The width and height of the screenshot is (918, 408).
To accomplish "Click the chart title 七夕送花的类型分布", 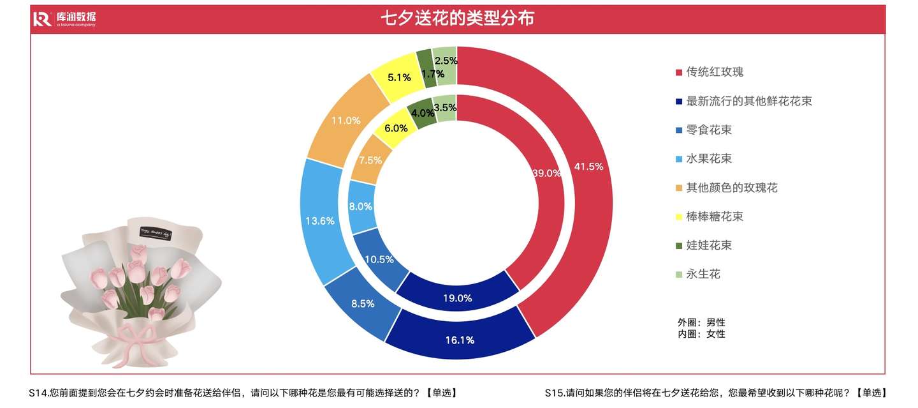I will pyautogui.click(x=457, y=18).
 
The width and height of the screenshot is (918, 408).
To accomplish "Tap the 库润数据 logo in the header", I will pyautogui.click(x=64, y=19).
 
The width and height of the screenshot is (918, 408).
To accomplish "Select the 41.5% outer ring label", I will pyautogui.click(x=588, y=167).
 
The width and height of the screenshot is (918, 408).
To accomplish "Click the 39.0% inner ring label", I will pyautogui.click(x=547, y=172).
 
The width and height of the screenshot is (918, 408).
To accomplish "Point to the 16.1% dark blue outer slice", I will pyautogui.click(x=460, y=340).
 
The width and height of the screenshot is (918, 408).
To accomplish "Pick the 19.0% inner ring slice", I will pyautogui.click(x=458, y=298).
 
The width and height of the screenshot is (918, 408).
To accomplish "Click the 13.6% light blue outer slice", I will pyautogui.click(x=320, y=221).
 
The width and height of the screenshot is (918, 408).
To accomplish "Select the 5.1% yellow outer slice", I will pyautogui.click(x=399, y=78).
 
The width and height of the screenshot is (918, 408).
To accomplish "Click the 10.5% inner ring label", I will pyautogui.click(x=379, y=259).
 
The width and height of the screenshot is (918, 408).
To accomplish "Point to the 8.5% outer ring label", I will pyautogui.click(x=363, y=304).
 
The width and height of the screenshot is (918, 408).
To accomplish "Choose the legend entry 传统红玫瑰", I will pyautogui.click(x=714, y=72).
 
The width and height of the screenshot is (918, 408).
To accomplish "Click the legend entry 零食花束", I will pyautogui.click(x=708, y=130).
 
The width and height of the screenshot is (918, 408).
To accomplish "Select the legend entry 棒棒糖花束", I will pyautogui.click(x=714, y=216).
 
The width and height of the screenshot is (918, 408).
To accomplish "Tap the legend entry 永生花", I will pyautogui.click(x=703, y=274).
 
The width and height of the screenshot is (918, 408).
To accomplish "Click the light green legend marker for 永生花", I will pyautogui.click(x=678, y=275).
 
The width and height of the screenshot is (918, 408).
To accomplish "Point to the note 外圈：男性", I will pyautogui.click(x=701, y=322).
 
